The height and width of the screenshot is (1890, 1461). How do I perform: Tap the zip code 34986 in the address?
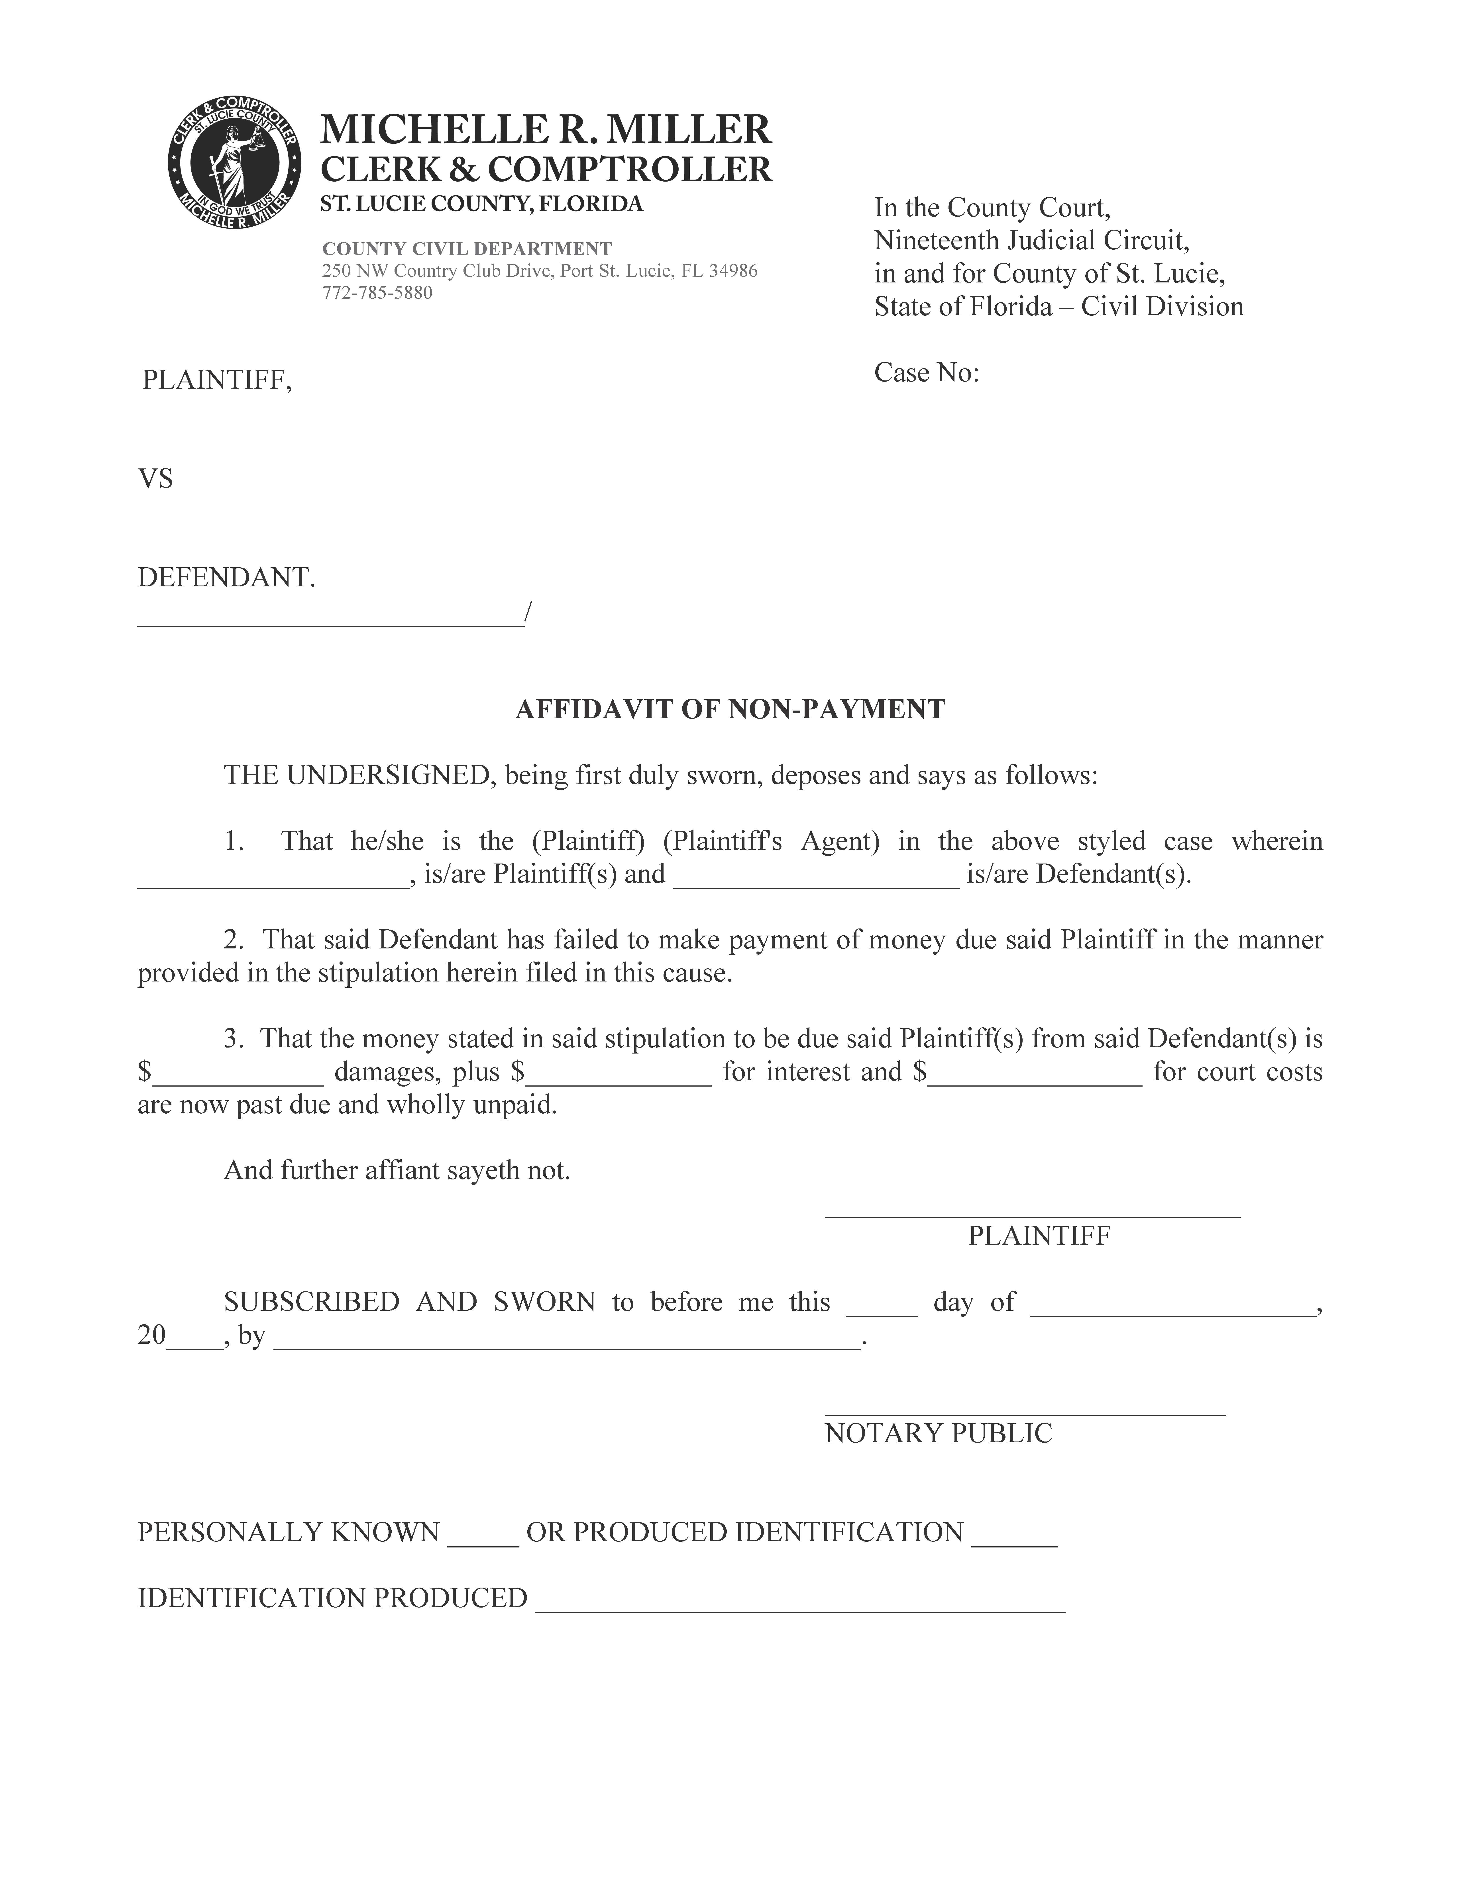(x=733, y=271)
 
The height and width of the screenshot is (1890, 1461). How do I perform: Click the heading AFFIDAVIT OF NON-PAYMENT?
(x=730, y=710)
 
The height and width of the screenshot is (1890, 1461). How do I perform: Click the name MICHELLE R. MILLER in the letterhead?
(x=545, y=130)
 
